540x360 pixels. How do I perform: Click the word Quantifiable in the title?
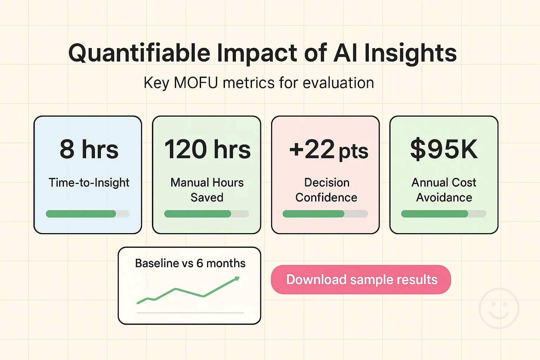[139, 53]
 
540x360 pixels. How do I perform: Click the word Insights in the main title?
[410, 53]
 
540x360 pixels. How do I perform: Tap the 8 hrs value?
[89, 149]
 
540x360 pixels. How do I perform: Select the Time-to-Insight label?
[89, 183]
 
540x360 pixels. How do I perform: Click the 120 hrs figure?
[207, 149]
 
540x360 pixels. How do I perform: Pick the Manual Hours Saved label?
[207, 190]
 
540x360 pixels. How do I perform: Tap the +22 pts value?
[328, 150]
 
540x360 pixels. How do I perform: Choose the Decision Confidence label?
[326, 190]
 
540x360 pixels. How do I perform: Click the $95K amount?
[444, 149]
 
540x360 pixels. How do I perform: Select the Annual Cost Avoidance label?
[444, 190]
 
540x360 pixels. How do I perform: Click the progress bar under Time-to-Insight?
[88, 214]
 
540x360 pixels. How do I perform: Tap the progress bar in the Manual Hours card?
[206, 214]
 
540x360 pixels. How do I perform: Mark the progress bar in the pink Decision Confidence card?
[325, 214]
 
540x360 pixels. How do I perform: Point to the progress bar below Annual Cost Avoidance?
[444, 214]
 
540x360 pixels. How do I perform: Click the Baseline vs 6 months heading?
[190, 263]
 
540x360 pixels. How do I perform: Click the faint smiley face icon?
[499, 308]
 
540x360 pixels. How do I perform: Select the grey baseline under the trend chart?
[190, 313]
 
